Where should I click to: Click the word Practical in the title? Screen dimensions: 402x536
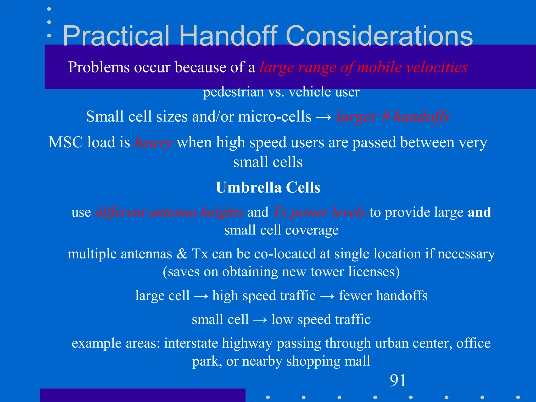(116, 36)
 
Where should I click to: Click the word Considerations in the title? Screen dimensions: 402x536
(379, 36)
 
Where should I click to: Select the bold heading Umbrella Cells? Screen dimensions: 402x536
(268, 187)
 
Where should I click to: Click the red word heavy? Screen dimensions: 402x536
(153, 143)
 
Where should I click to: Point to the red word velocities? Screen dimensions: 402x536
(437, 67)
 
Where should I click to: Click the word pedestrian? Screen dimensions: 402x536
(233, 92)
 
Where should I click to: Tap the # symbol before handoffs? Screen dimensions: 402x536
(385, 116)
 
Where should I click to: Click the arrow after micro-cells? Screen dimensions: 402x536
(323, 117)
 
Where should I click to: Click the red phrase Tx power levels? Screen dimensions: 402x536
(319, 212)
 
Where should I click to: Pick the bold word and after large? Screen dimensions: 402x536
(479, 212)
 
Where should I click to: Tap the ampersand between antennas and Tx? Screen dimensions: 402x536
(182, 254)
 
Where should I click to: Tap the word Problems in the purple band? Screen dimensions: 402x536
(99, 67)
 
